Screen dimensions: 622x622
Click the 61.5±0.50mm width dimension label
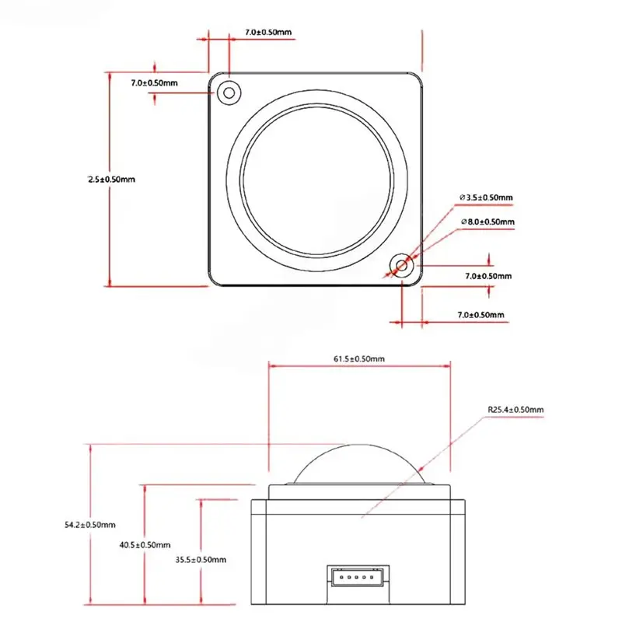[359, 359]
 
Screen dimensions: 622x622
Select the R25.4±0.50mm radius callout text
[515, 410]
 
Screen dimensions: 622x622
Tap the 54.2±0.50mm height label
[90, 525]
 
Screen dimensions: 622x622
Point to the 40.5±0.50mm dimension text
[145, 545]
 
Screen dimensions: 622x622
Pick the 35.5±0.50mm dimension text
[201, 560]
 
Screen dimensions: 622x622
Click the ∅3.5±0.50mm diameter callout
[487, 197]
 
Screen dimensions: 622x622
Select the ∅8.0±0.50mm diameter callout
[488, 222]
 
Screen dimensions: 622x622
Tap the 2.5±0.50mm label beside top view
[111, 180]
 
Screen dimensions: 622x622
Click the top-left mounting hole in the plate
[229, 93]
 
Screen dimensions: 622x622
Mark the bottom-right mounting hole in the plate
[402, 265]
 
